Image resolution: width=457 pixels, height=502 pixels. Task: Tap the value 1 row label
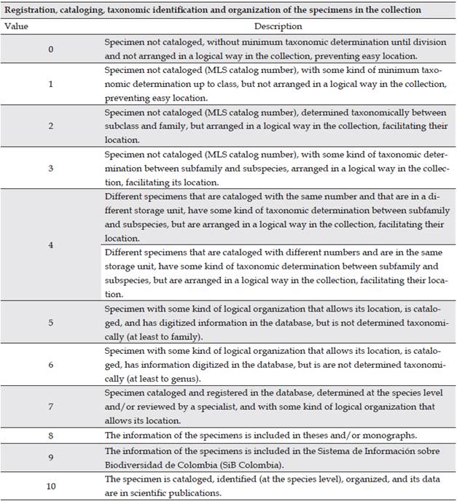click(x=51, y=84)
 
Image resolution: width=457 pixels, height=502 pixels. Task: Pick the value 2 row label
click(x=51, y=126)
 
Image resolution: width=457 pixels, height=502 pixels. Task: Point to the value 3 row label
click(x=51, y=169)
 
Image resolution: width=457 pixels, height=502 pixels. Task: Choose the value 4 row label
click(x=51, y=245)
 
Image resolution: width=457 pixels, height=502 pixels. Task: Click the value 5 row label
click(x=51, y=321)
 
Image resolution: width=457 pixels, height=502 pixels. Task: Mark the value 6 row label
click(x=51, y=363)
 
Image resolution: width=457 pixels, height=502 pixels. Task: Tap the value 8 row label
click(x=51, y=435)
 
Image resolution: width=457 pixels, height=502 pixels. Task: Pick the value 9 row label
click(x=51, y=457)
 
